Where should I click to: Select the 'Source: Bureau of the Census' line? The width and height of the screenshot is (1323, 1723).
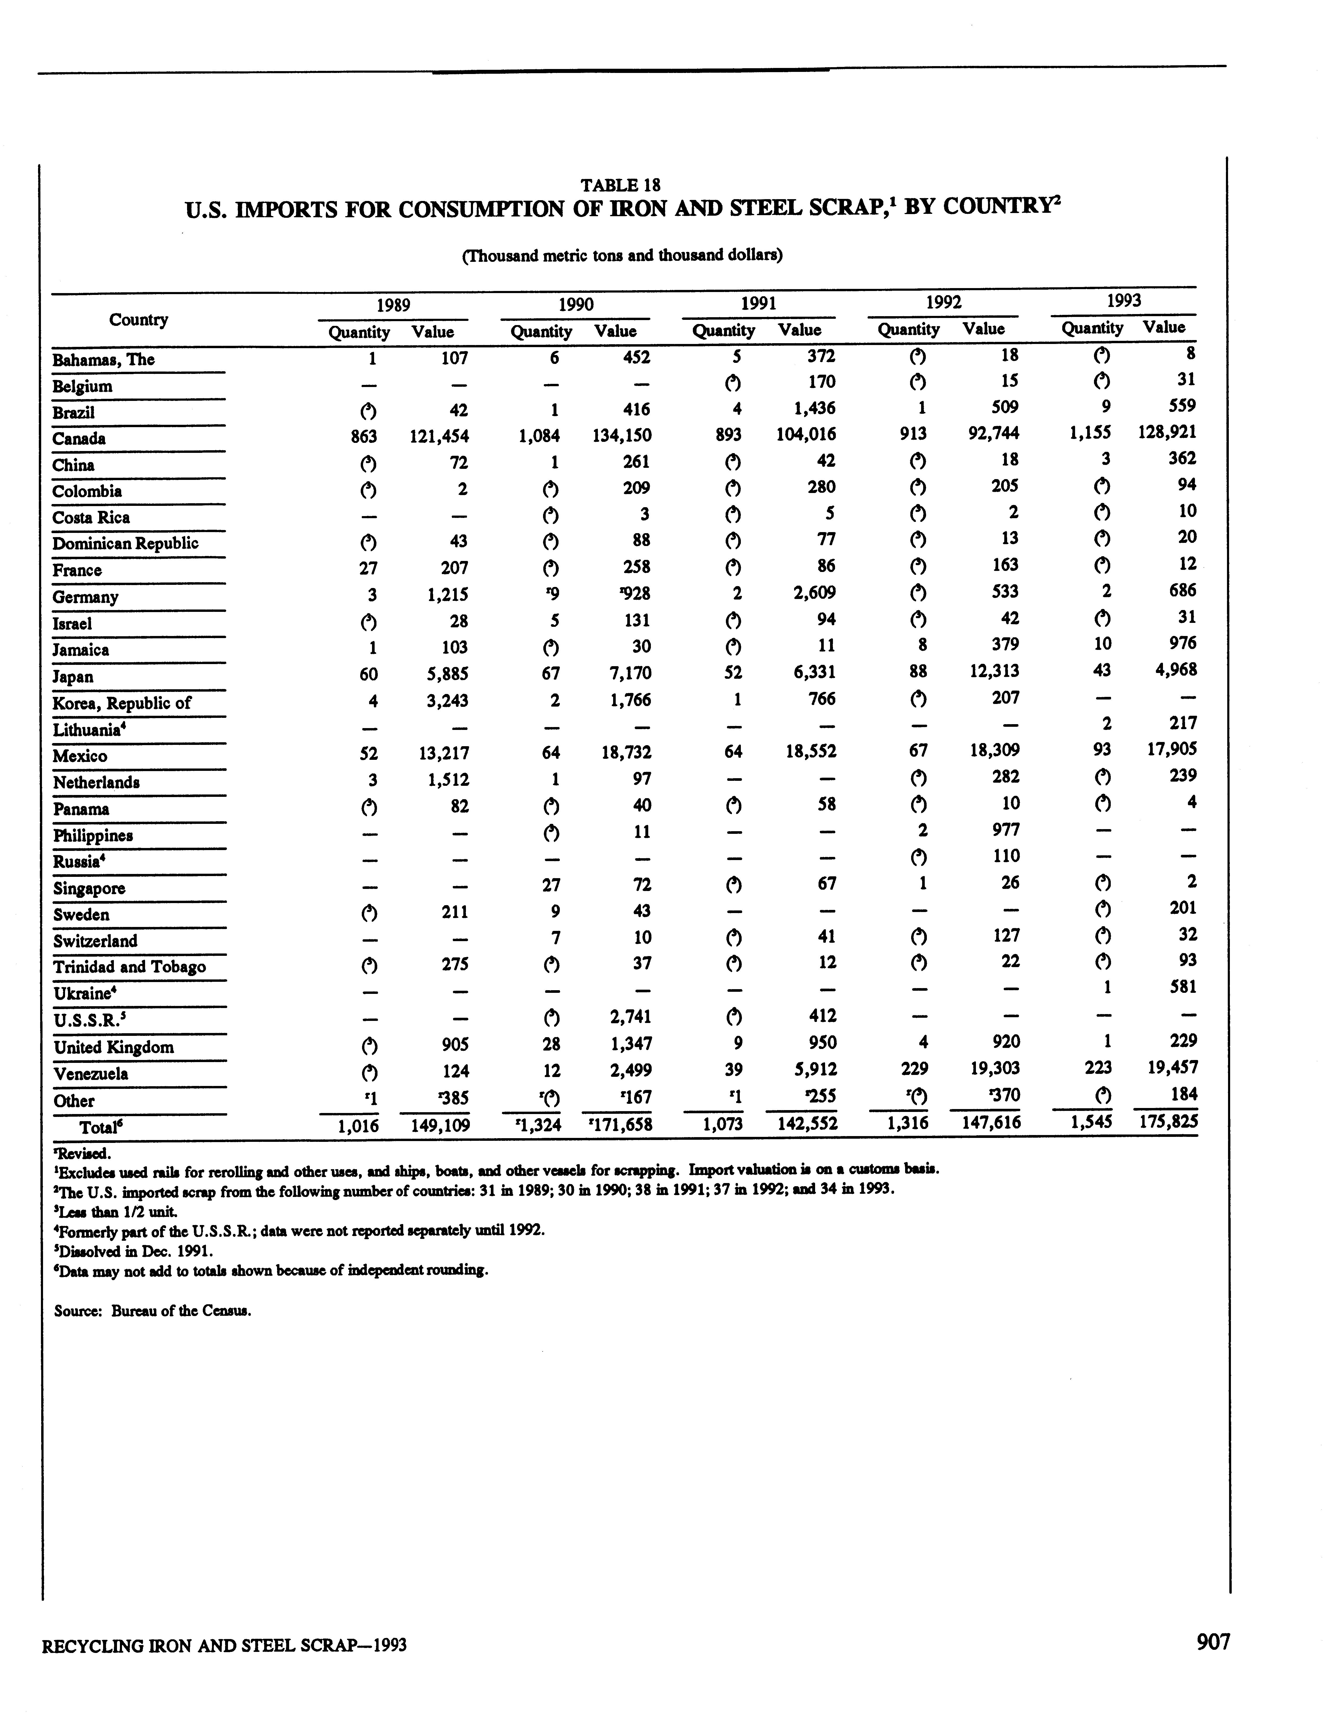point(153,1311)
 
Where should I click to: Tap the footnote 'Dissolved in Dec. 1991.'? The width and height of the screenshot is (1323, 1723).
point(134,1250)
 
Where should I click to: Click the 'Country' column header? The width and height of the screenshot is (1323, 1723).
point(139,319)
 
